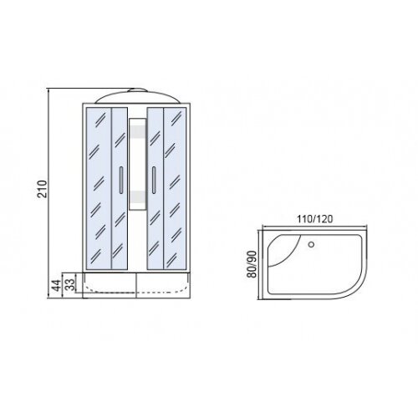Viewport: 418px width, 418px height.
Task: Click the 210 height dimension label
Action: click(x=43, y=189)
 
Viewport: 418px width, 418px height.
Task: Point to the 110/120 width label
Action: click(x=314, y=219)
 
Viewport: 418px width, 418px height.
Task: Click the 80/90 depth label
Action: click(x=252, y=264)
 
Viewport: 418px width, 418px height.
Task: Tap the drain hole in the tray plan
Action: click(x=311, y=245)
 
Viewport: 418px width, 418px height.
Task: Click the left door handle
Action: click(x=121, y=180)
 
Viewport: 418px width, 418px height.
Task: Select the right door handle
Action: click(x=154, y=180)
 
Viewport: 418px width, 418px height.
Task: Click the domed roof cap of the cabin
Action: click(x=136, y=98)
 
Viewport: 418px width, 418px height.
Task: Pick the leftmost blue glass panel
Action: click(x=99, y=188)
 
